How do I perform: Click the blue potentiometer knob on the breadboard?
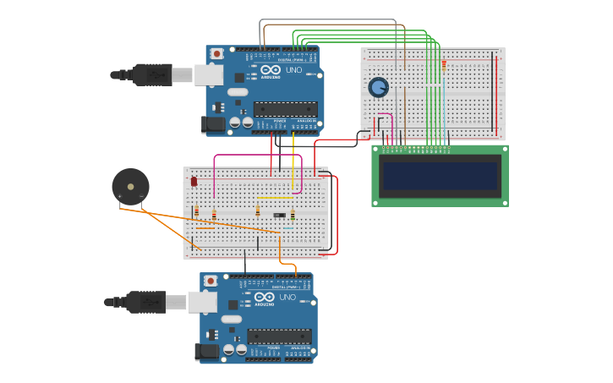click(x=378, y=87)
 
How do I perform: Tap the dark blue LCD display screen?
click(x=441, y=176)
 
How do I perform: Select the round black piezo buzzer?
click(x=130, y=185)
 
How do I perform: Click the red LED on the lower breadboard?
click(x=194, y=181)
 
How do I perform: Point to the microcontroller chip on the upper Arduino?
click(x=285, y=108)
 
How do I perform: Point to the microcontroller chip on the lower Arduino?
click(x=279, y=336)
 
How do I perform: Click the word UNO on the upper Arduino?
click(x=293, y=70)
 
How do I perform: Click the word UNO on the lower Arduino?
click(x=287, y=298)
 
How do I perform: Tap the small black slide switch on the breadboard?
click(x=279, y=216)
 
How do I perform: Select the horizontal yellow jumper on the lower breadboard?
click(x=274, y=199)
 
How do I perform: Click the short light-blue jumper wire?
click(x=288, y=228)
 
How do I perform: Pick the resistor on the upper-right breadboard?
click(x=443, y=65)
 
